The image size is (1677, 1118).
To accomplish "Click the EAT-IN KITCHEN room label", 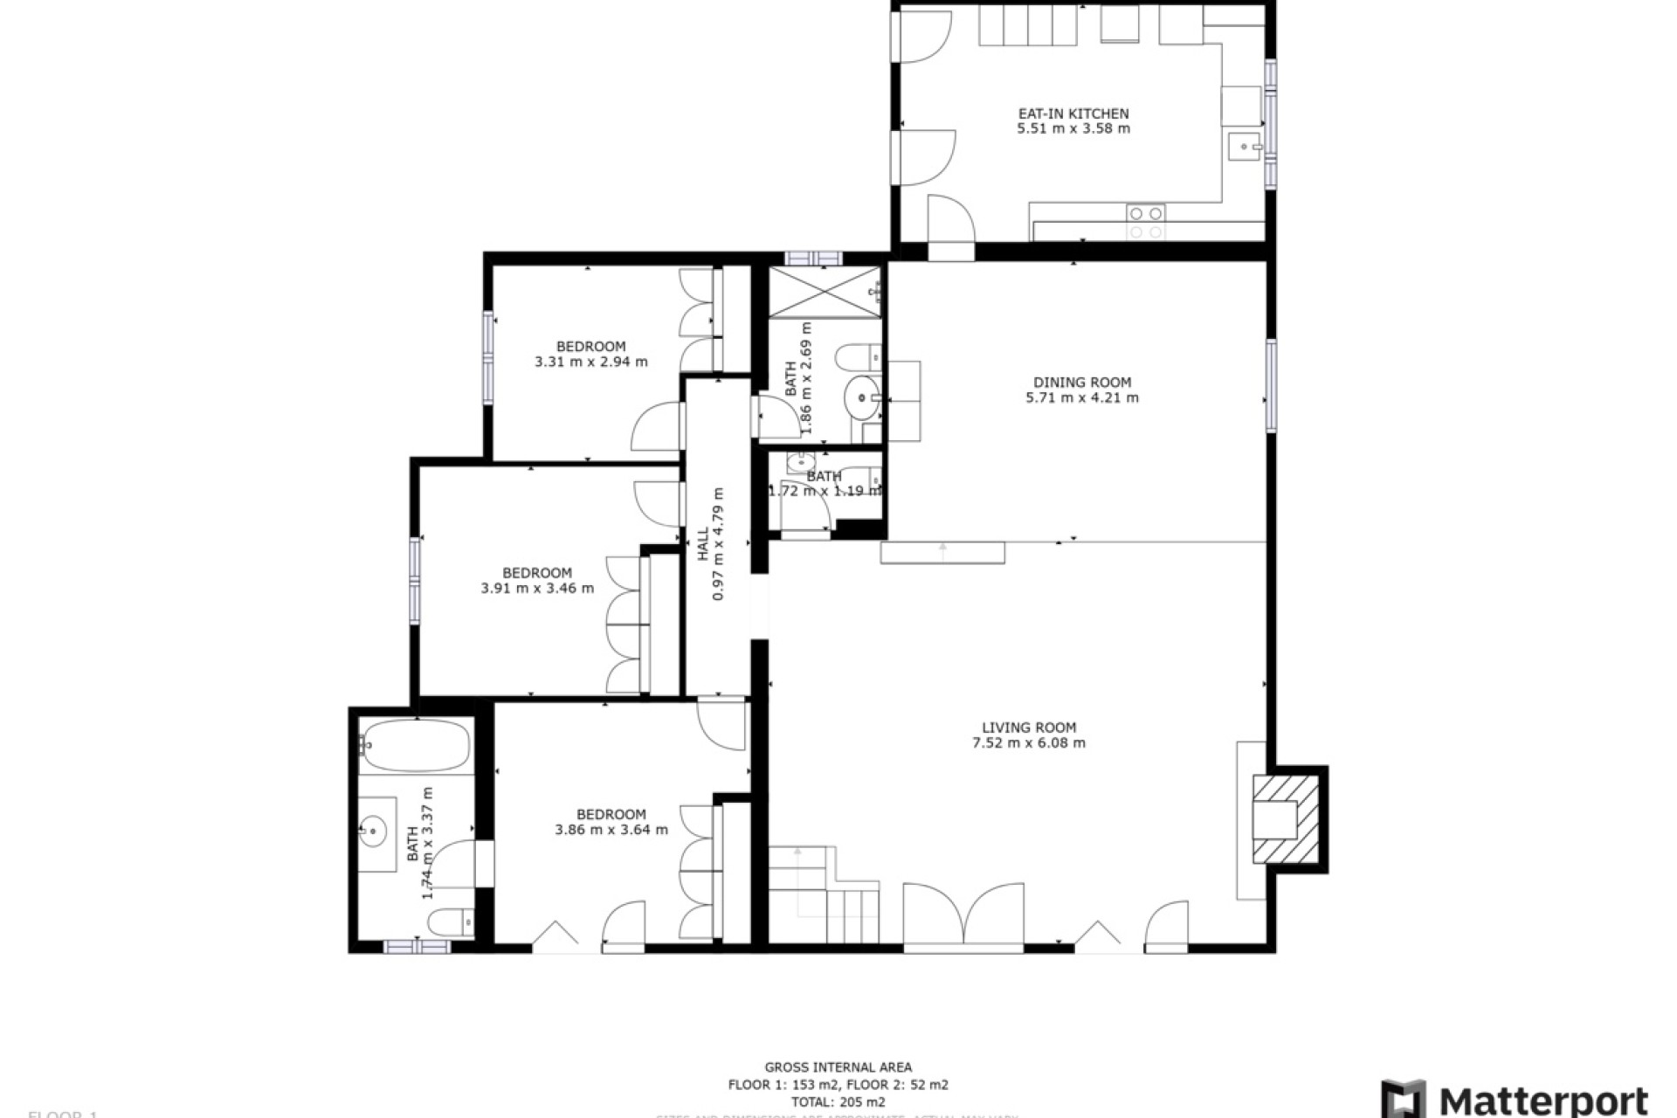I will [x=1073, y=114].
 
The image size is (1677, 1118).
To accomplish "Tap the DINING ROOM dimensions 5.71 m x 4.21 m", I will [x=1082, y=397].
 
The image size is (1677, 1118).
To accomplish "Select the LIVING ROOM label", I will [x=1029, y=727].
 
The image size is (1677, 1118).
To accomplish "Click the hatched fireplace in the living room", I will [x=1286, y=819].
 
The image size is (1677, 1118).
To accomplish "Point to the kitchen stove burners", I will [x=1145, y=222].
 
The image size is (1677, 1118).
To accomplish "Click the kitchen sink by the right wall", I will [x=1242, y=148].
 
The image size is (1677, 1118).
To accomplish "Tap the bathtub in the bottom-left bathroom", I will [x=416, y=745].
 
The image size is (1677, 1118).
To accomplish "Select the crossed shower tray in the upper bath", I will [x=823, y=292].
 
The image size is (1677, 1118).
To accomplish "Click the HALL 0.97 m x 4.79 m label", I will [x=711, y=544].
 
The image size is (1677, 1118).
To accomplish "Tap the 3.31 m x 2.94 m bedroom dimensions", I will [x=591, y=362].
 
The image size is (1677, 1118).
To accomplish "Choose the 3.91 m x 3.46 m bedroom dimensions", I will [x=537, y=589].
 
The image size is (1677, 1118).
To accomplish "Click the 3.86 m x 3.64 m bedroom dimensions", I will [x=611, y=830].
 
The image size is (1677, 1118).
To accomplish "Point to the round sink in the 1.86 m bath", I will [x=863, y=398].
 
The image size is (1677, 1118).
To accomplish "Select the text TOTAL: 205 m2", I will [x=838, y=1101].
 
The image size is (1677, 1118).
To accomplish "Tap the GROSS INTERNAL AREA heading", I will [x=838, y=1066].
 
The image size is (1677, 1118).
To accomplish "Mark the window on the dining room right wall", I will [x=1271, y=385].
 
